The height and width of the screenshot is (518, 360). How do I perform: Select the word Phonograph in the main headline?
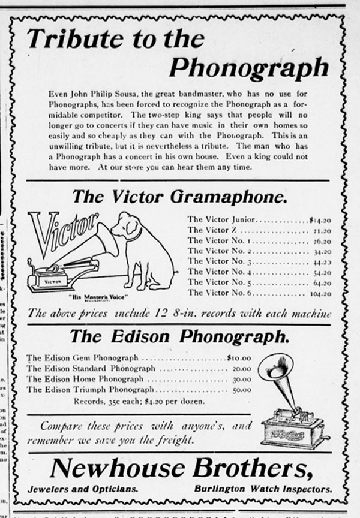(248, 68)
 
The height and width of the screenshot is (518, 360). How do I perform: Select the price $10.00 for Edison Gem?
(239, 358)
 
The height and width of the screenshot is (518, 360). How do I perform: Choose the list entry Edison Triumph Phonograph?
(90, 389)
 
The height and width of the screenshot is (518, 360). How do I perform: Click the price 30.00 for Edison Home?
(241, 379)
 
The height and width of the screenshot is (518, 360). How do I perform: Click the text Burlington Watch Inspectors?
(262, 489)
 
